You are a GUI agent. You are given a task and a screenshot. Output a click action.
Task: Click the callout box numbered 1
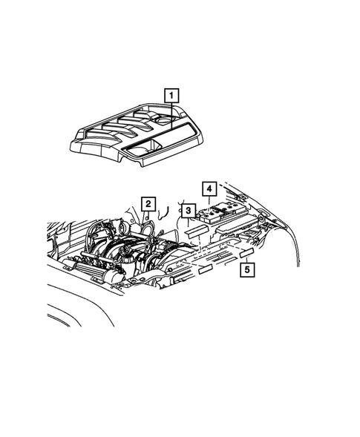coord(171,95)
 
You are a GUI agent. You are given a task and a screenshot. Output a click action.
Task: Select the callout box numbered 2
coord(148,204)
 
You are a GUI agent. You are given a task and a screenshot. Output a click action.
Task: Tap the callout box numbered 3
coord(189,212)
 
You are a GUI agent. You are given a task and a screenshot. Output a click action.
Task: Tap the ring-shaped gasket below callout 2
coord(148,227)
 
